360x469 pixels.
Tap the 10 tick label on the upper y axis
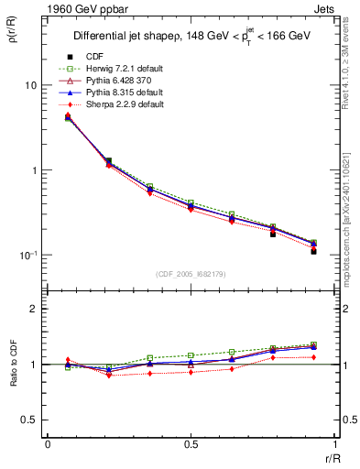[x=30, y=85]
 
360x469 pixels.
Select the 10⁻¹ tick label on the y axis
[x=28, y=256]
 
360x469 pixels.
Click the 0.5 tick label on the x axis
[x=191, y=444]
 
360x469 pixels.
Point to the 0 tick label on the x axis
[x=47, y=444]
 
